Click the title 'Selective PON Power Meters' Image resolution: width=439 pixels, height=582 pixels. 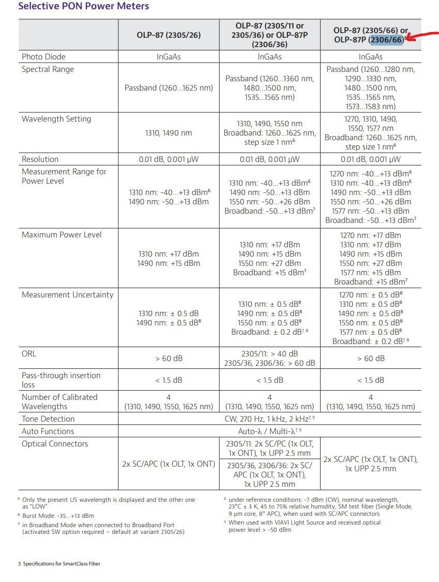(x=84, y=7)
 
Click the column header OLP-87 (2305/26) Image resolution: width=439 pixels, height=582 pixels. (x=168, y=35)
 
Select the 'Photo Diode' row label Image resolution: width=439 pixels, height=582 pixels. (x=43, y=57)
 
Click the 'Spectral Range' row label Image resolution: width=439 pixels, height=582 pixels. (x=48, y=69)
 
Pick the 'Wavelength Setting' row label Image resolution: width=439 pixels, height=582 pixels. (x=56, y=119)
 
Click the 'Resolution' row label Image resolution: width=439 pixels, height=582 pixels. (x=40, y=159)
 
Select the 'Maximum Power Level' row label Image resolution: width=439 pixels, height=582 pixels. (x=61, y=235)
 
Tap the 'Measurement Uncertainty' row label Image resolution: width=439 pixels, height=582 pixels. (x=67, y=295)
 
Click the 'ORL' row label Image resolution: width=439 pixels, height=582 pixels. (x=29, y=354)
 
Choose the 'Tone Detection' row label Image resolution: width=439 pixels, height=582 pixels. (x=48, y=419)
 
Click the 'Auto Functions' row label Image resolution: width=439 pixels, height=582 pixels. (x=48, y=431)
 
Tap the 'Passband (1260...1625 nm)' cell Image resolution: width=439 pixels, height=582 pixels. (x=168, y=88)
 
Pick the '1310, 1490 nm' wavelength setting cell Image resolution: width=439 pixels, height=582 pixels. (x=168, y=133)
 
